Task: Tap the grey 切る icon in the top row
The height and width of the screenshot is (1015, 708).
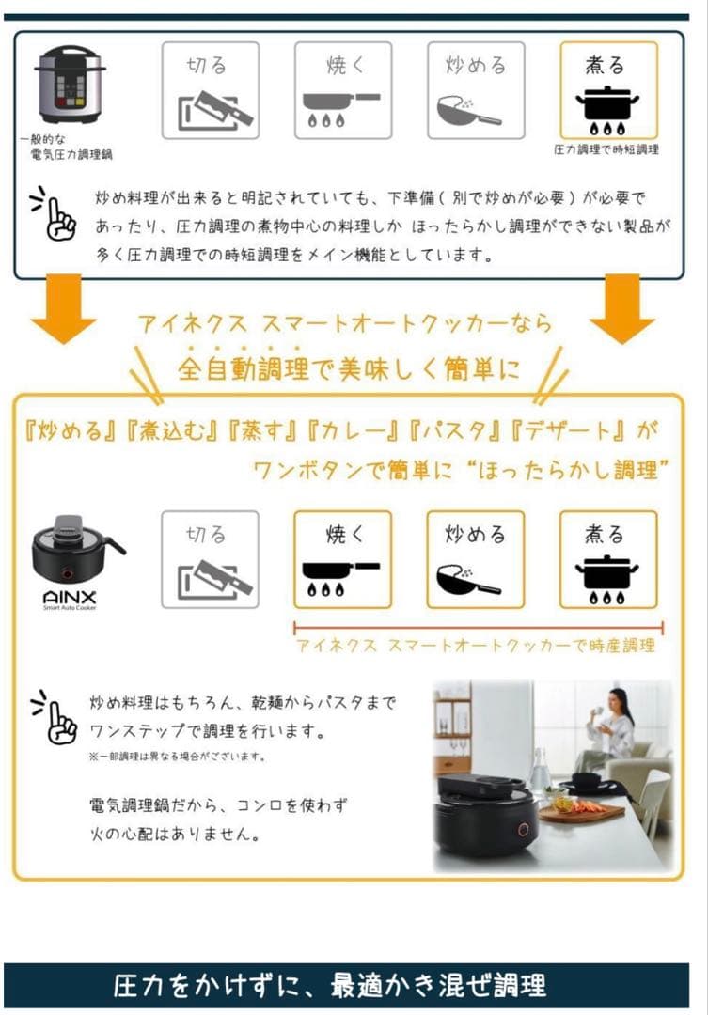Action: [210, 90]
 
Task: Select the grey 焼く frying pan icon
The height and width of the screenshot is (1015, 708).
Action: [342, 90]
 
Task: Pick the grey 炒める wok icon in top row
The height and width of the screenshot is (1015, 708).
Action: [476, 90]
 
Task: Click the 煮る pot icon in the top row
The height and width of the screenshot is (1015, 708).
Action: [607, 90]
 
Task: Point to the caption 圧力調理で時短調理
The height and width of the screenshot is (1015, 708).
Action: [607, 149]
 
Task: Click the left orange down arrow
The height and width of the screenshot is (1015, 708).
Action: [64, 310]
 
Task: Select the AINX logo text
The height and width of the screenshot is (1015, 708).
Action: [69, 597]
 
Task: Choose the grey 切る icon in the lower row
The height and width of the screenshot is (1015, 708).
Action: [210, 559]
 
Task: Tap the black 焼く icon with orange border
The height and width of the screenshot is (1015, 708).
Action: [342, 559]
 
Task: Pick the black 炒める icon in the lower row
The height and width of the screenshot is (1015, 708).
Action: [476, 559]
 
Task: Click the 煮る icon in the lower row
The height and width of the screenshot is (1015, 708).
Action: [607, 559]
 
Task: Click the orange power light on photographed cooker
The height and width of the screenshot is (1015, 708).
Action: [523, 830]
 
